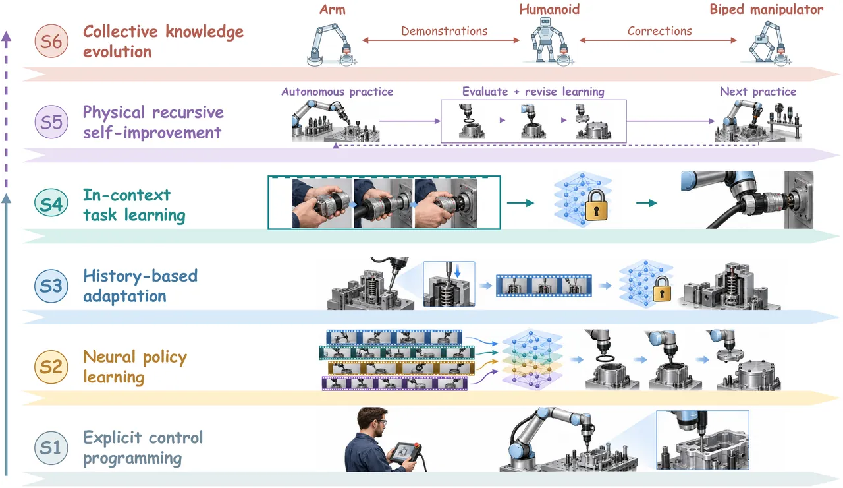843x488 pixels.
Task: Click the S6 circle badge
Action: pyautogui.click(x=51, y=41)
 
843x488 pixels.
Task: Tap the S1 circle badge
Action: pyautogui.click(x=51, y=448)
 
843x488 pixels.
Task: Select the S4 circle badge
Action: pyautogui.click(x=51, y=204)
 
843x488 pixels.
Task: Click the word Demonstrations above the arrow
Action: pyautogui.click(x=444, y=31)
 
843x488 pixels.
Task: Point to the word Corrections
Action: pyautogui.click(x=659, y=31)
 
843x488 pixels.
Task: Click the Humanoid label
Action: pyautogui.click(x=549, y=9)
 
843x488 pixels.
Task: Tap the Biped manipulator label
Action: pyautogui.click(x=766, y=9)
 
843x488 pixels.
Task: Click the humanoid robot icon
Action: pyautogui.click(x=548, y=40)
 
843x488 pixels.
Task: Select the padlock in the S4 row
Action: pyautogui.click(x=597, y=205)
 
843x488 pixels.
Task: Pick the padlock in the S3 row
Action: pyautogui.click(x=662, y=289)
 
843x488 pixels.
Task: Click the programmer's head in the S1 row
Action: pyautogui.click(x=372, y=421)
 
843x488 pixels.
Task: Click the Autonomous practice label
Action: pyautogui.click(x=337, y=92)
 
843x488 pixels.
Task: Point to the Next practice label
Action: pyautogui.click(x=758, y=92)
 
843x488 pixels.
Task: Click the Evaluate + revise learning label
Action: pyautogui.click(x=533, y=92)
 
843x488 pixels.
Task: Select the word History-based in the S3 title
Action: pyautogui.click(x=140, y=276)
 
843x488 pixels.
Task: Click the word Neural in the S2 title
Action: pyautogui.click(x=109, y=357)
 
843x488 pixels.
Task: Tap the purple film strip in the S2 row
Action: pyautogui.click(x=394, y=383)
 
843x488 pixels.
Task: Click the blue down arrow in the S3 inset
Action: pyautogui.click(x=458, y=270)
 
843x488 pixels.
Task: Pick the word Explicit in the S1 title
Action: pyautogui.click(x=113, y=438)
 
